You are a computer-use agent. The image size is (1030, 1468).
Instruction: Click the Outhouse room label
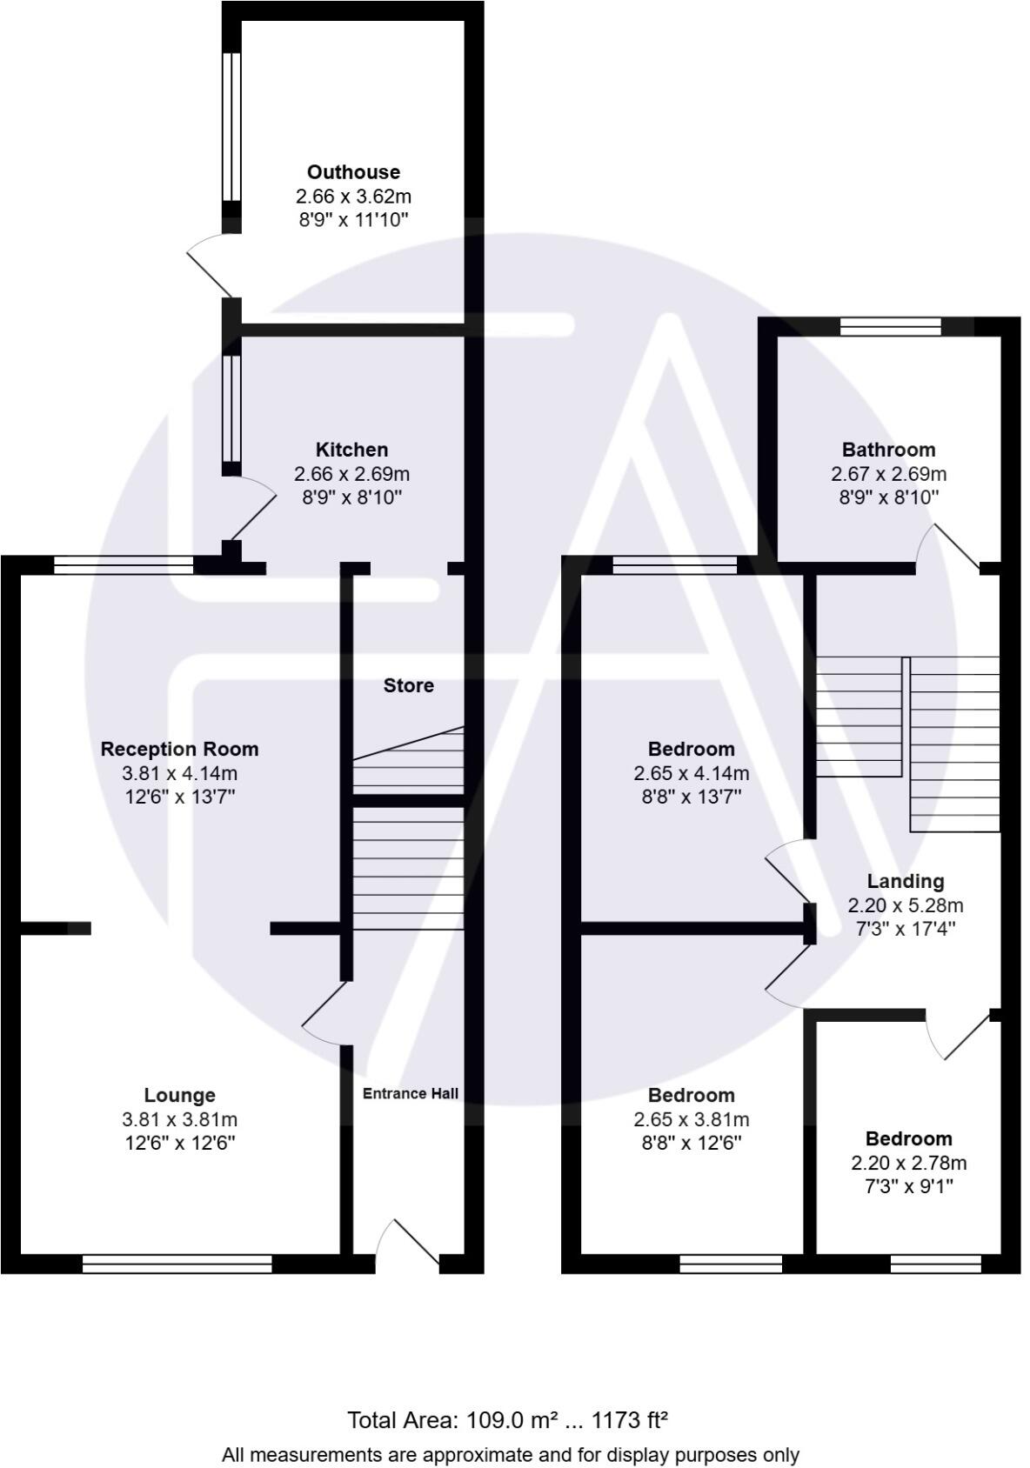pos(353,172)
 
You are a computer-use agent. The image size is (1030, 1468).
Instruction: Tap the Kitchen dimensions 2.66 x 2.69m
pos(351,474)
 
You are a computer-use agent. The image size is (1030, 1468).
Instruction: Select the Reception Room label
pos(179,749)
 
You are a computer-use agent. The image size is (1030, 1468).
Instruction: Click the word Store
pos(409,685)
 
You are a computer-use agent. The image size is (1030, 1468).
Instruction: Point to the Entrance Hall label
pos(410,1093)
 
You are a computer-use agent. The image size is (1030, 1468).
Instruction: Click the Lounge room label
pos(179,1095)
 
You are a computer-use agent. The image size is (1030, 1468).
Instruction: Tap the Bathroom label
pos(888,450)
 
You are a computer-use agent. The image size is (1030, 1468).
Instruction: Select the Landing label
pos(905,881)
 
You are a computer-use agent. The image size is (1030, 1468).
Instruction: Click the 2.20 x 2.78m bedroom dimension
pos(908,1163)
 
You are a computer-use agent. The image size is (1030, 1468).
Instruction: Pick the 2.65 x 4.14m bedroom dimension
pos(691,773)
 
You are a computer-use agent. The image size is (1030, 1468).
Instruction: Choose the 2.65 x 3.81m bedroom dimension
pos(691,1119)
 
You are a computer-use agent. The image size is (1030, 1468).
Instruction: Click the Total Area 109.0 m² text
pos(507,1420)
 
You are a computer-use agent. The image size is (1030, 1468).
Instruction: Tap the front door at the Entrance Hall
pos(409,1244)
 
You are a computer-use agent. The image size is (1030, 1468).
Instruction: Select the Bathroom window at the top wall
pos(890,326)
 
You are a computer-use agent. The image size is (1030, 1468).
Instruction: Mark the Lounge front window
pos(177,1264)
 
